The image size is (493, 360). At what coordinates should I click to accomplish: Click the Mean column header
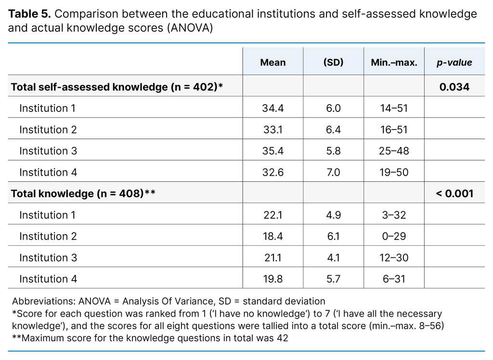(272, 63)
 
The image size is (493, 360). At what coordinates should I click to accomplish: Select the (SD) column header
(333, 63)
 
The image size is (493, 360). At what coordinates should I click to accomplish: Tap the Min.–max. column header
(394, 63)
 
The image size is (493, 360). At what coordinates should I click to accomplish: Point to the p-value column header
(454, 63)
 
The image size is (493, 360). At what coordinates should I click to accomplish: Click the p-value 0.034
(454, 87)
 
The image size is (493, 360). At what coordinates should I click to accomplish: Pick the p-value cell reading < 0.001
(454, 194)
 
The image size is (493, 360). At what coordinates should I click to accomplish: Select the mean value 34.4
(272, 108)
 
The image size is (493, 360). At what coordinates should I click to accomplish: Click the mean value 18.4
(272, 237)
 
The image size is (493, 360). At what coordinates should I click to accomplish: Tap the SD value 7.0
(333, 173)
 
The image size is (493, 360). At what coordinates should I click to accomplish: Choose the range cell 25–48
(394, 151)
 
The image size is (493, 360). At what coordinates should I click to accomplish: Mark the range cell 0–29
(394, 237)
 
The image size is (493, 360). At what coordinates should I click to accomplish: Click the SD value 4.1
(333, 258)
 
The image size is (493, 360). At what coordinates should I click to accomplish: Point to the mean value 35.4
(272, 151)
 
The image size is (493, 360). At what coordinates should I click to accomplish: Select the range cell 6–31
(394, 279)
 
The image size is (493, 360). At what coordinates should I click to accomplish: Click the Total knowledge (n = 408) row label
(82, 194)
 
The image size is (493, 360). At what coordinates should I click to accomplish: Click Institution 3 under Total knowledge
(48, 258)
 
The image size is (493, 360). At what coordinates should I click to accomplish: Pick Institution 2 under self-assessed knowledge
(48, 130)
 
